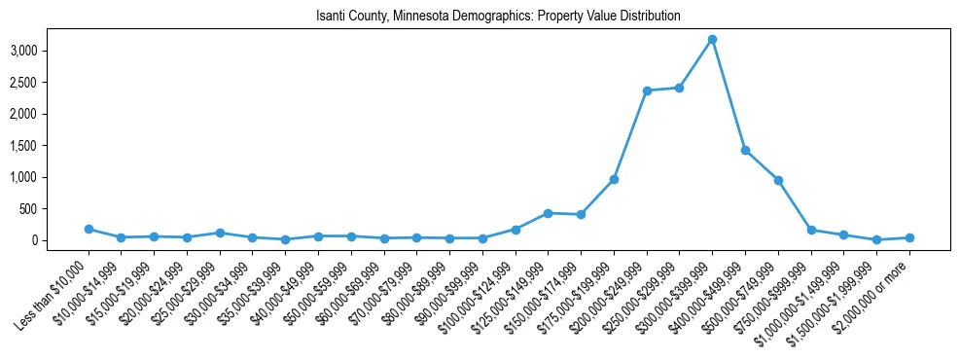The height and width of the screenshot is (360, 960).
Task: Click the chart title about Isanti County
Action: coord(498,17)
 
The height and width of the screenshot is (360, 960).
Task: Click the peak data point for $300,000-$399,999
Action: coord(712,39)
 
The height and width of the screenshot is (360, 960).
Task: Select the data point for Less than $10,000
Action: coord(89,230)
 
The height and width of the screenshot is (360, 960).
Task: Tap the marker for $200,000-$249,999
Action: coord(647,90)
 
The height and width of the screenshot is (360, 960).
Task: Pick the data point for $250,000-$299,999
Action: coord(680,88)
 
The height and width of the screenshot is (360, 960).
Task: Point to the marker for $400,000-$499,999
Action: coord(745,151)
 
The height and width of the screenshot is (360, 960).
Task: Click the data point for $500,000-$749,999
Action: coord(778,180)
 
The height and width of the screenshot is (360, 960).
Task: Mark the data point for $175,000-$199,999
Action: coord(614,179)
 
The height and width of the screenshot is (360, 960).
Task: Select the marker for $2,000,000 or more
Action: coord(909,237)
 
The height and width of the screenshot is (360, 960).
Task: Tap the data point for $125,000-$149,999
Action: coord(549,213)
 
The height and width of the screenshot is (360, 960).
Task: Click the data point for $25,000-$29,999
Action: coord(220,233)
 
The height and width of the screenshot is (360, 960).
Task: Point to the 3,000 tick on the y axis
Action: coord(52,51)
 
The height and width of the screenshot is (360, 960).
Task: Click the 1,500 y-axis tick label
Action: coord(52,146)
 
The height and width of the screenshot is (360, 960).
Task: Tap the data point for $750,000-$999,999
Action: coord(811,231)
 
